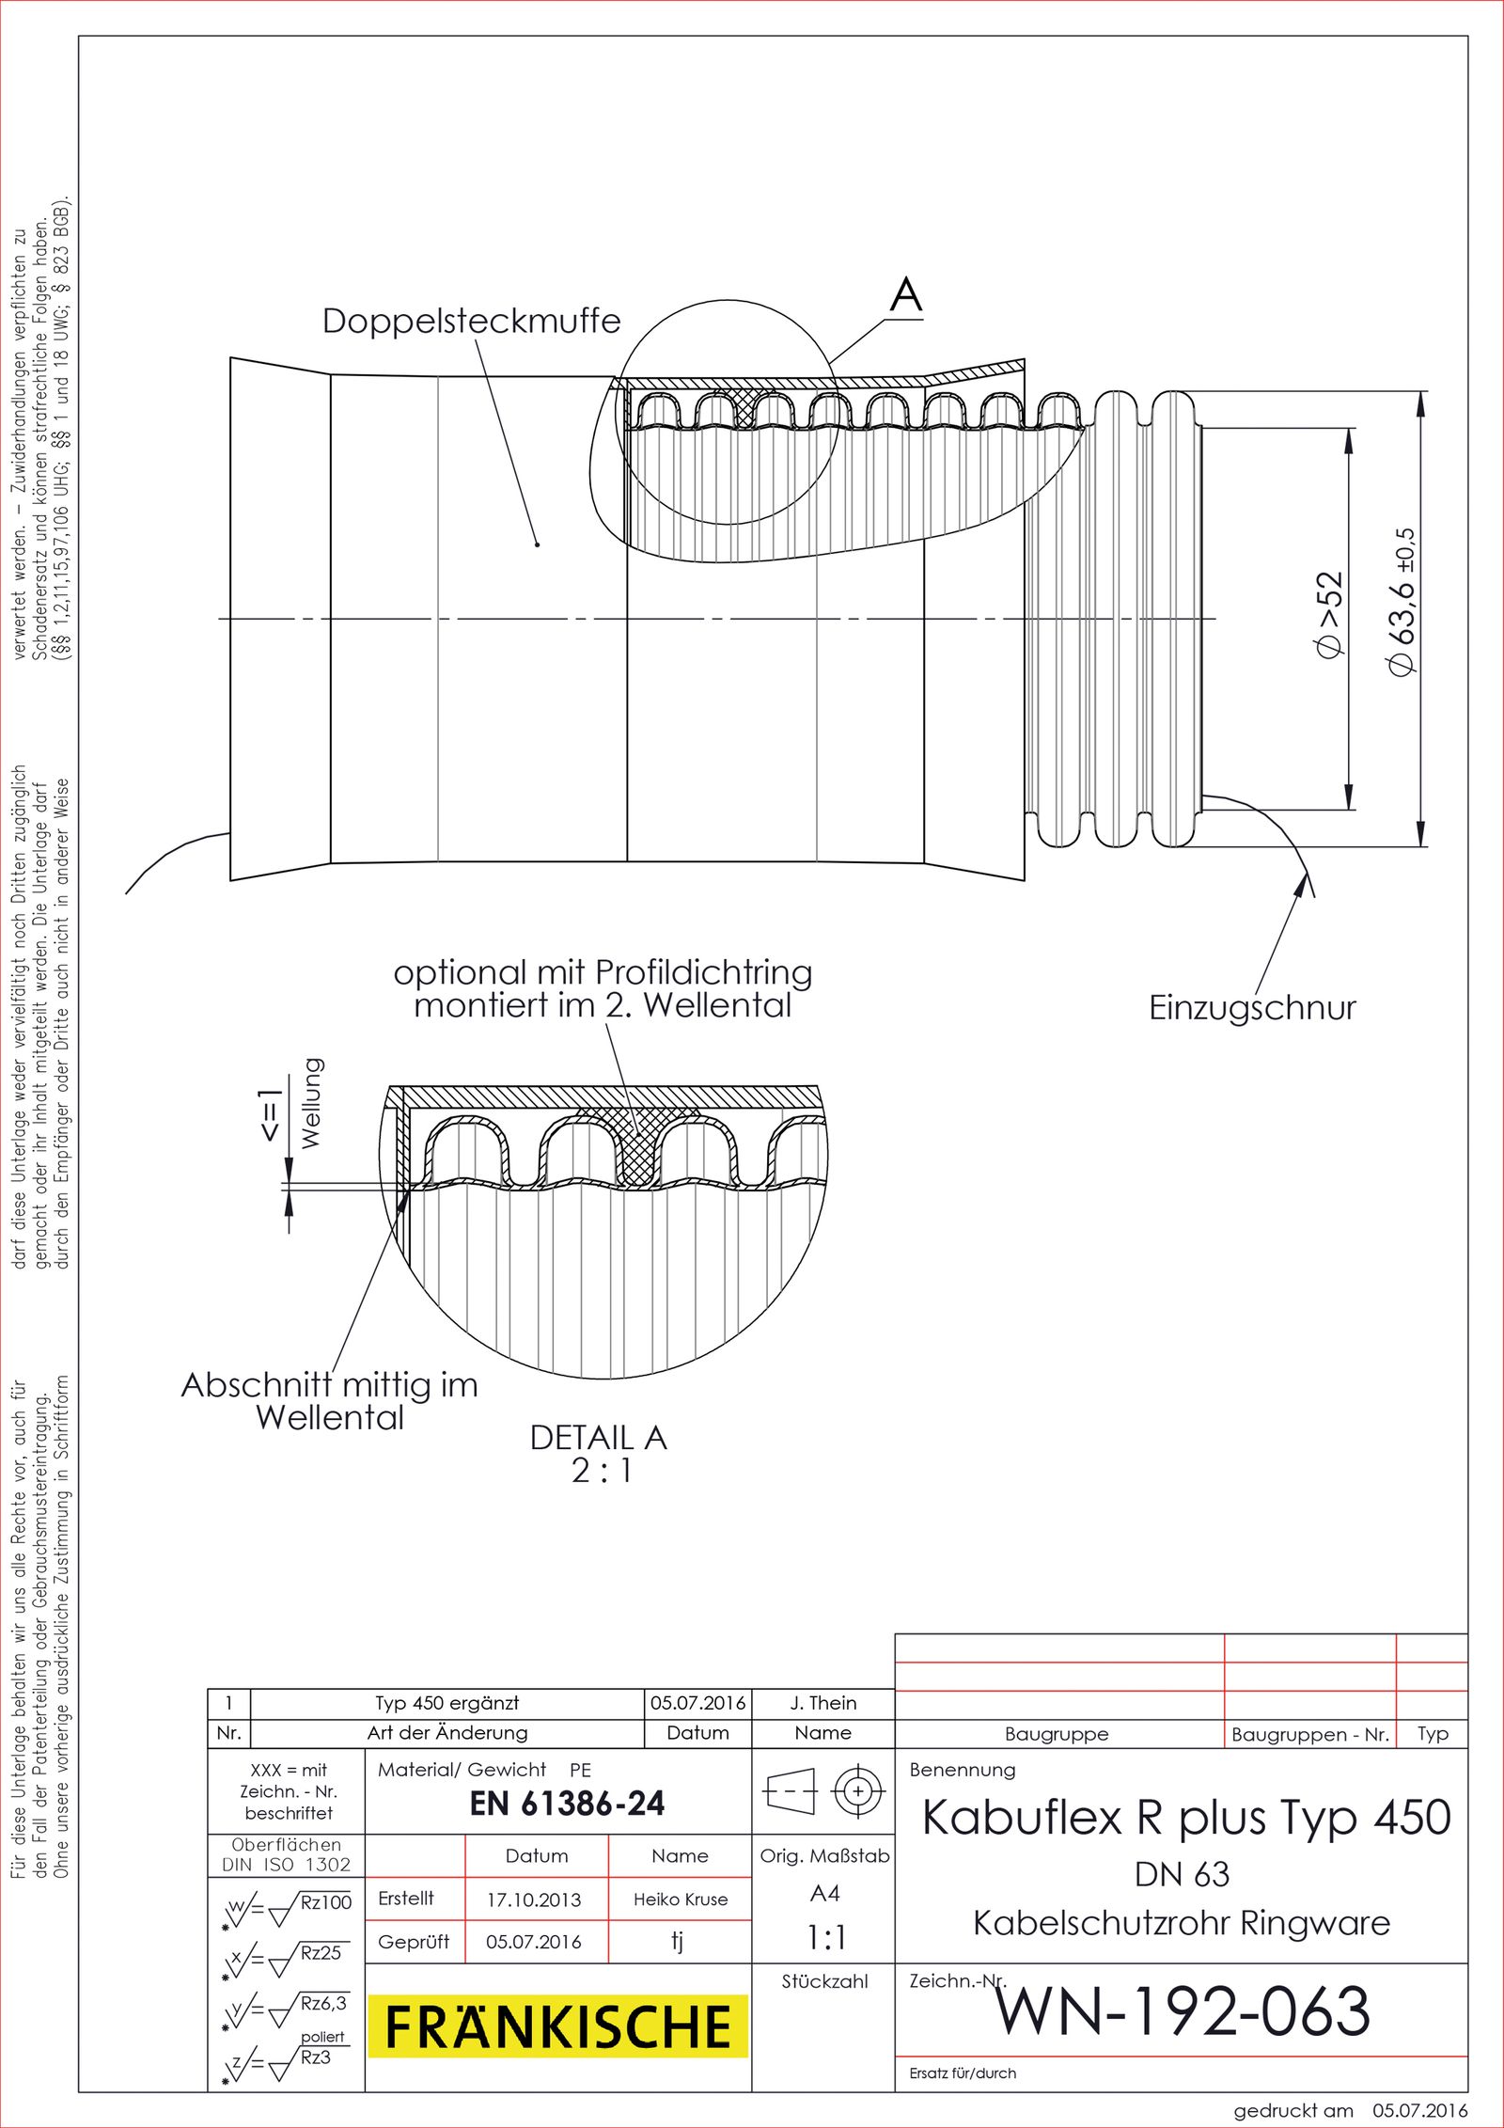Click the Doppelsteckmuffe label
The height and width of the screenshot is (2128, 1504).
point(471,322)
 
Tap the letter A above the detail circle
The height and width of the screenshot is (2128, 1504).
point(906,295)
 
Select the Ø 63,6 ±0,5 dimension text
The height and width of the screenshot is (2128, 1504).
point(1401,602)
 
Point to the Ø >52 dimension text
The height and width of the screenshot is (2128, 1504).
point(1329,616)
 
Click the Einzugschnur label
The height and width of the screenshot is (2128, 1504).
point(1252,1008)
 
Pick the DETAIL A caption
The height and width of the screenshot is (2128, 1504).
point(599,1438)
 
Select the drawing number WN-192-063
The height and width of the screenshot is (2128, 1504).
point(1183,2011)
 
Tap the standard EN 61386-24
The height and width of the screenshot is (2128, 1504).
point(567,1804)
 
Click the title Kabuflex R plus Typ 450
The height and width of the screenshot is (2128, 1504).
point(1186,1818)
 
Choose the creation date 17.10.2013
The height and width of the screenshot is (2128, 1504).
point(534,1899)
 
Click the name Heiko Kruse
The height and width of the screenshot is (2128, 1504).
point(681,1899)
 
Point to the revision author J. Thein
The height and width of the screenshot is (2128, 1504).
point(823,1703)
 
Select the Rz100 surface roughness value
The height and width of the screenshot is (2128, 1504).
point(325,1902)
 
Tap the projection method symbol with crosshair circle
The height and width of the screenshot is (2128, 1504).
point(858,1790)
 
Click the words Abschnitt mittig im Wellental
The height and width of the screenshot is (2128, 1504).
point(330,1401)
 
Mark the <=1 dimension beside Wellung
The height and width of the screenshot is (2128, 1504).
point(270,1115)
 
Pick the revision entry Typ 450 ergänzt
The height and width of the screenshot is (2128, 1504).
point(447,1703)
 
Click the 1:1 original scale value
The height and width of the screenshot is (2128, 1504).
point(826,1937)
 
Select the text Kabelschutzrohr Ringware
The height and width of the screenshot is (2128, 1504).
point(1182,1923)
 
